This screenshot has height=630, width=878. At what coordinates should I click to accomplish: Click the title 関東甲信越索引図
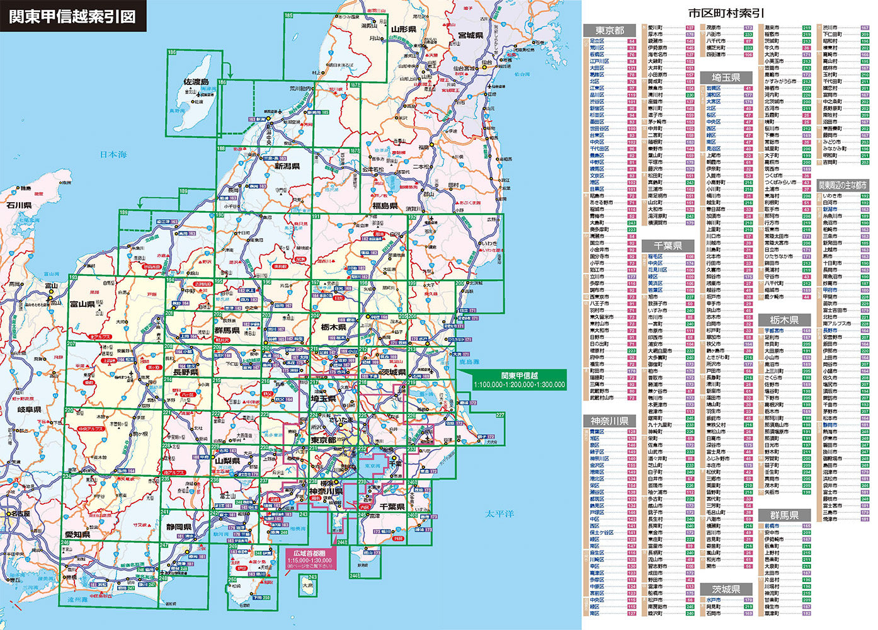[72, 16]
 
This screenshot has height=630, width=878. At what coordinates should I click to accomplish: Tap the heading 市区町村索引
[726, 13]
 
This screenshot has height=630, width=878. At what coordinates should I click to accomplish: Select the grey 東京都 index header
[610, 30]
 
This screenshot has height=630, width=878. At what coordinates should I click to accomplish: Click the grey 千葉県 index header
[668, 245]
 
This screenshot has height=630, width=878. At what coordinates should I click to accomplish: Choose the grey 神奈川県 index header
[610, 421]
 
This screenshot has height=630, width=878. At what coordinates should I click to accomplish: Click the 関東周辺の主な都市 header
[843, 186]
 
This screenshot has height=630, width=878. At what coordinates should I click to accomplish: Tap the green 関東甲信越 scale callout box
[520, 380]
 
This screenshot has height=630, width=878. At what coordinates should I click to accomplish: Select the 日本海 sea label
[113, 154]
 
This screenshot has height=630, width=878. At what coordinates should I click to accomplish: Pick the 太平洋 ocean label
[499, 514]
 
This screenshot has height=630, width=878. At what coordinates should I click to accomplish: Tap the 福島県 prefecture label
[385, 206]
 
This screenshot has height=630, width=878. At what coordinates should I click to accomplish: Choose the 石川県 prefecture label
[19, 205]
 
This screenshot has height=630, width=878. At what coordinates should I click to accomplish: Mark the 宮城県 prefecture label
[470, 35]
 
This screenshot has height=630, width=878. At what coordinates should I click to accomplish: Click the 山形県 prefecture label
[403, 30]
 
